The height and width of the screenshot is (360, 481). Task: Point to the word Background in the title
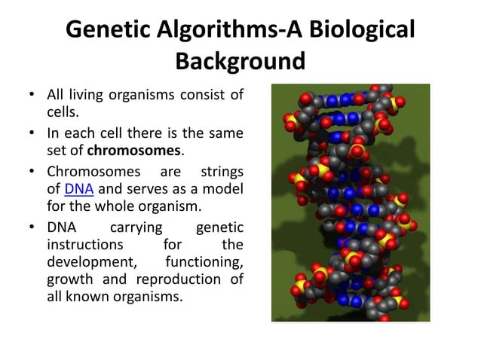coord(240,59)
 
